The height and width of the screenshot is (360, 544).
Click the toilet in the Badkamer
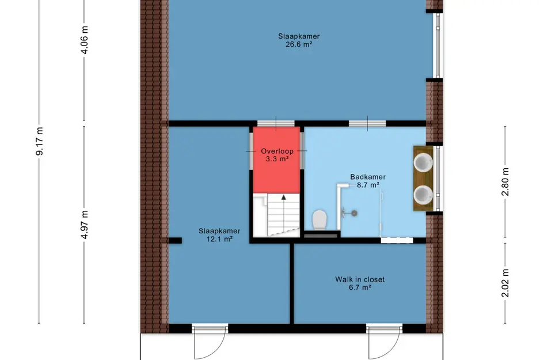[319, 220]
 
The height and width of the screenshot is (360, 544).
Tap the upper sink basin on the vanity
[423, 162]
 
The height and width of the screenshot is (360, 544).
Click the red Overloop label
[277, 151]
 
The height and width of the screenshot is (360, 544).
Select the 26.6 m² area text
[299, 44]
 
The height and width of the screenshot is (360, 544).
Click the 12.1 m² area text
[219, 239]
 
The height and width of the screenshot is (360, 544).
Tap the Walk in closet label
[360, 279]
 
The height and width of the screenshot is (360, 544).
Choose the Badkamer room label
[368, 177]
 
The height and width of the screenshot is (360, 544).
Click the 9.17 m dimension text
[40, 141]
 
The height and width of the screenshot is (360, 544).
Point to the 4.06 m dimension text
[85, 40]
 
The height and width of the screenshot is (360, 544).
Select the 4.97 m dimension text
[85, 225]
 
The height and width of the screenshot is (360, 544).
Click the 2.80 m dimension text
[505, 182]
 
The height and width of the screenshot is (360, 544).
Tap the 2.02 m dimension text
[505, 283]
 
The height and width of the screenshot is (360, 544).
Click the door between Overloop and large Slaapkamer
[276, 123]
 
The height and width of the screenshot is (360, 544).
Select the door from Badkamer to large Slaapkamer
[367, 123]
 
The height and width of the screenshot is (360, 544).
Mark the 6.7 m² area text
[360, 287]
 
